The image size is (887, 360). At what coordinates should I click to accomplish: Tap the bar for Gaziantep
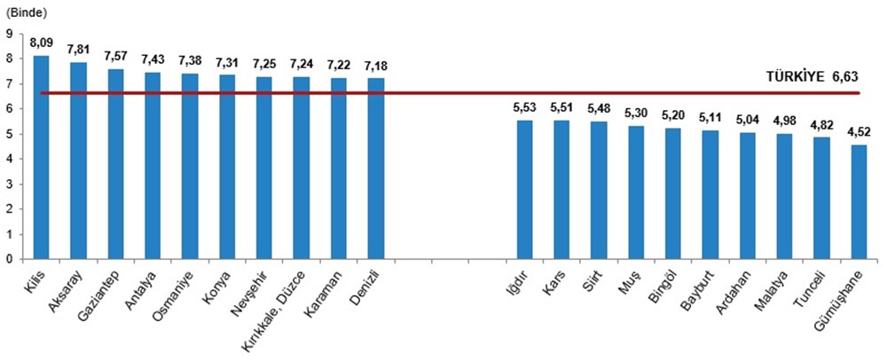(115, 164)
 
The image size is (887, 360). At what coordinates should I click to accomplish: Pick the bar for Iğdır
(524, 190)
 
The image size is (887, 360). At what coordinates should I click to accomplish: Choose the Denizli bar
(376, 168)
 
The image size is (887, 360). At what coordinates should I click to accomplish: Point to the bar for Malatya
(784, 197)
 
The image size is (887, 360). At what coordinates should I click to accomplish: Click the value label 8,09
(41, 42)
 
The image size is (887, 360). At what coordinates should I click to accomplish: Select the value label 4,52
(859, 131)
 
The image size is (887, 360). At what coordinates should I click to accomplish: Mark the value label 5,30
(636, 113)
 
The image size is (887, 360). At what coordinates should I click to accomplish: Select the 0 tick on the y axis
(8, 260)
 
